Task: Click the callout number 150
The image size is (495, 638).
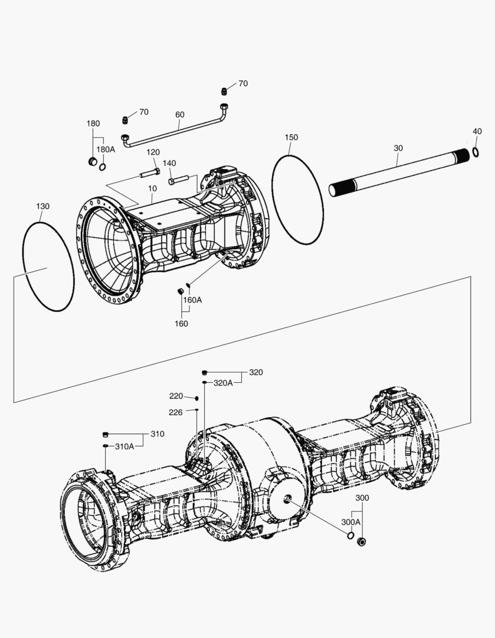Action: point(291,137)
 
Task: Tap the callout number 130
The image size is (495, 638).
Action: point(42,206)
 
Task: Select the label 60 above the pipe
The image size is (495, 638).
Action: point(179,115)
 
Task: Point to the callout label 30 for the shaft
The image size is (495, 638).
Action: point(398,148)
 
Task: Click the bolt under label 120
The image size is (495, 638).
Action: point(150,173)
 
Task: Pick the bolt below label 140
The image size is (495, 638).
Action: point(178,179)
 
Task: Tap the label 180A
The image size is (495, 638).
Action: point(106,149)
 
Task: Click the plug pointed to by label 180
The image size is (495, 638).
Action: point(92,162)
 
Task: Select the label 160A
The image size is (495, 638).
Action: point(192,300)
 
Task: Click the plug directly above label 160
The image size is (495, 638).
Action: point(181,291)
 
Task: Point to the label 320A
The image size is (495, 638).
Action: point(223,383)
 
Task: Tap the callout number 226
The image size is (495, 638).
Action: point(176,412)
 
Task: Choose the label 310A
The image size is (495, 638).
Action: point(124,446)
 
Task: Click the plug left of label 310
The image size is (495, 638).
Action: point(106,434)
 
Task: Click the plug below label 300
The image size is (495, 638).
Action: point(362,541)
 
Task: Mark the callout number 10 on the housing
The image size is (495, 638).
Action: point(152,188)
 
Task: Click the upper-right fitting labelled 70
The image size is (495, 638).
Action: point(225,90)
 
